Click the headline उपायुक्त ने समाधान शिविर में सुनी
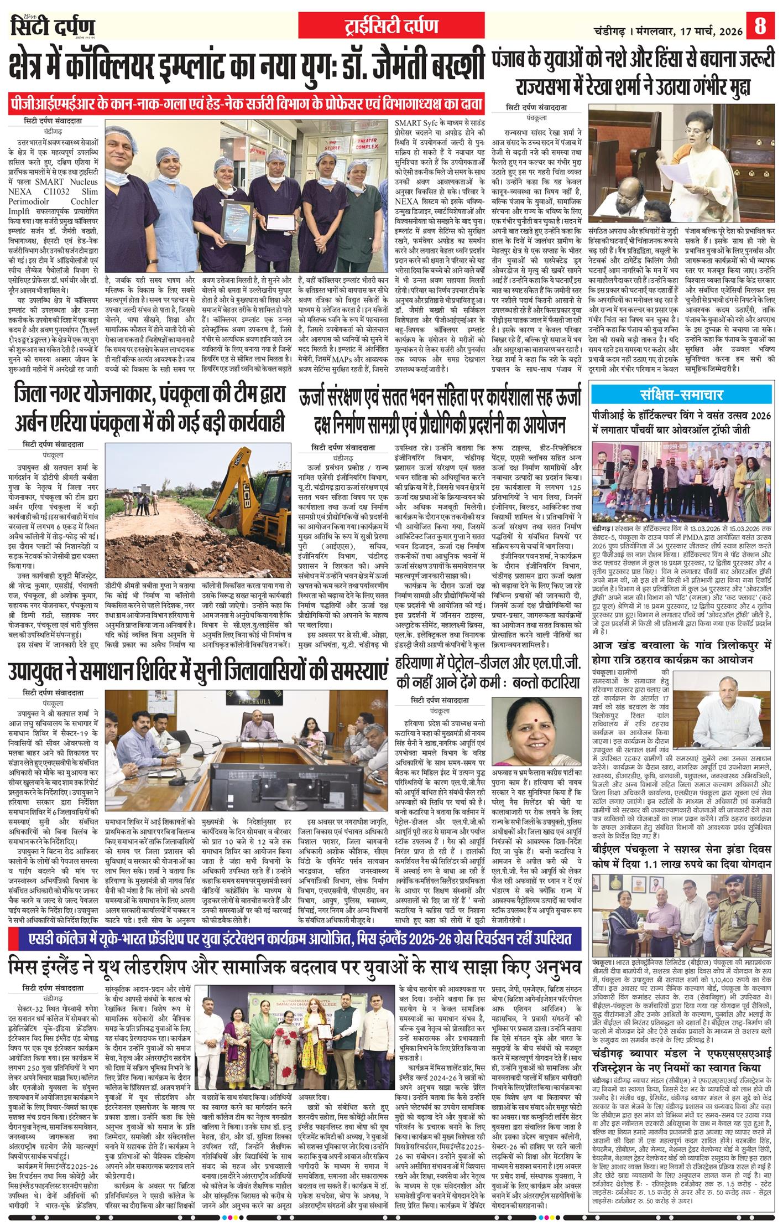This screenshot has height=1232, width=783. (197, 672)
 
